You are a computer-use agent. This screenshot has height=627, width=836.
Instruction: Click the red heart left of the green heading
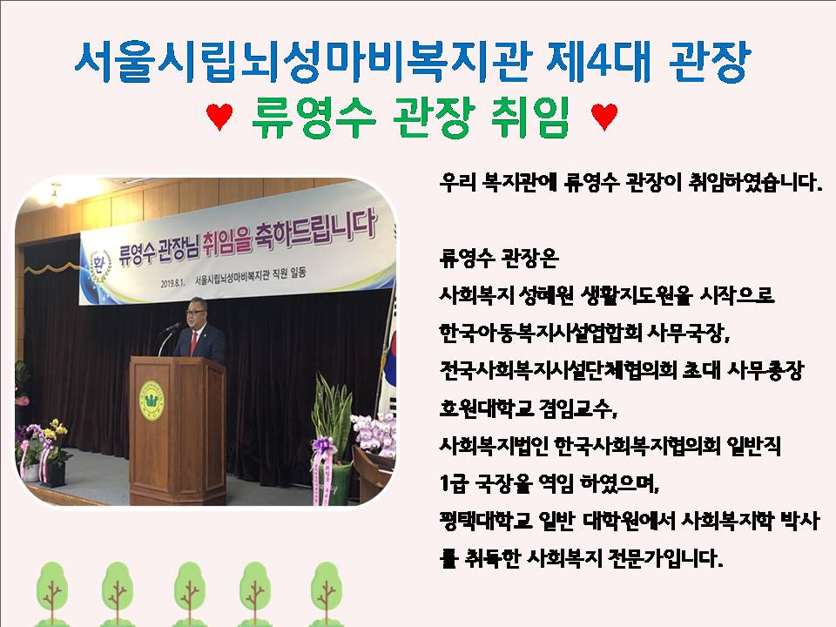pyautogui.click(x=219, y=116)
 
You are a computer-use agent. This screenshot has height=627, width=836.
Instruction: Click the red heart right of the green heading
pyautogui.click(x=604, y=116)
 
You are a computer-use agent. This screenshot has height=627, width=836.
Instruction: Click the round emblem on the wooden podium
pyautogui.click(x=152, y=400)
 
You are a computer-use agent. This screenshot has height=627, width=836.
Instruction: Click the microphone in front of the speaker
pyautogui.click(x=172, y=327)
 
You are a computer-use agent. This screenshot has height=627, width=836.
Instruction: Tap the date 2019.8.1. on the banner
pyautogui.click(x=172, y=283)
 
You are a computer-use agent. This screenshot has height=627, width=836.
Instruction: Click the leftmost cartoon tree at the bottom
pyautogui.click(x=51, y=593)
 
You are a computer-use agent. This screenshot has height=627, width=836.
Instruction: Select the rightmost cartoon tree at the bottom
pyautogui.click(x=327, y=593)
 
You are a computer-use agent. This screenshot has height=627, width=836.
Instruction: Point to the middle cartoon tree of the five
pyautogui.click(x=189, y=593)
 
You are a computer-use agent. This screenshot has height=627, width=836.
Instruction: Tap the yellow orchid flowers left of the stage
pyautogui.click(x=57, y=429)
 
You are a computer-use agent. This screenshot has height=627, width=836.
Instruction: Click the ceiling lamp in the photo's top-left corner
pyautogui.click(x=56, y=194)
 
